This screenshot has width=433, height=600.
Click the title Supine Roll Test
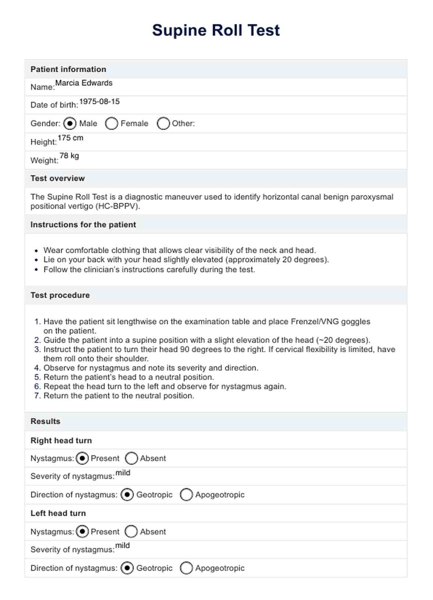(216, 30)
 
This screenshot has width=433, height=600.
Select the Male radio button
(70, 123)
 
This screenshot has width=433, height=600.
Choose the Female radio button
(111, 123)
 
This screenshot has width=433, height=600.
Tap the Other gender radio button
(163, 123)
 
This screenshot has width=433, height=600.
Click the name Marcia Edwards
(84, 83)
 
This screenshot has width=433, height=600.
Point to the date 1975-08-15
(99, 102)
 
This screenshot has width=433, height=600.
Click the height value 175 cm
(70, 138)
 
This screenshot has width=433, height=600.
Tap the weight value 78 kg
(69, 156)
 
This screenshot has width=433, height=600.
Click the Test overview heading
(57, 179)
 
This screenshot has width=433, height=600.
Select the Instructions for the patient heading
(83, 225)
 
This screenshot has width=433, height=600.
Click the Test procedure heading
(60, 295)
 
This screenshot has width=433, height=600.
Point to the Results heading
(45, 421)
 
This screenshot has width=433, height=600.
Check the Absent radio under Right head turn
(131, 458)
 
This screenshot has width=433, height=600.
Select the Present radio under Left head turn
(82, 532)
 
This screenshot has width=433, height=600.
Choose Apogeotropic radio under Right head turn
(186, 495)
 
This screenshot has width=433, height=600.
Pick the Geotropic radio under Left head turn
(127, 568)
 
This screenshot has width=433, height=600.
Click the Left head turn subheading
(58, 513)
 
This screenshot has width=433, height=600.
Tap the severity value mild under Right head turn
(123, 473)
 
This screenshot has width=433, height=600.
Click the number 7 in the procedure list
(37, 396)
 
